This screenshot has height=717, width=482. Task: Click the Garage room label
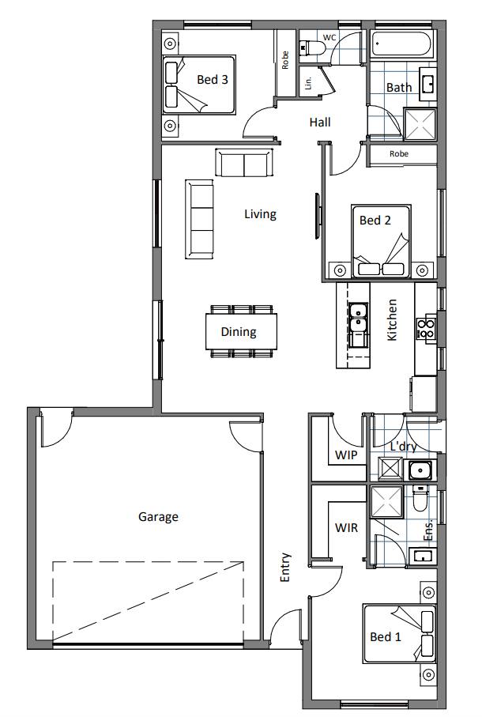tap(158, 517)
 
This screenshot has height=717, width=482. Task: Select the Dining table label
tap(238, 332)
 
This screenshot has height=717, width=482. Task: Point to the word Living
tap(260, 213)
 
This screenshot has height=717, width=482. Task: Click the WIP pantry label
tap(346, 456)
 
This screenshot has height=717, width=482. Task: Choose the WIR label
tap(346, 527)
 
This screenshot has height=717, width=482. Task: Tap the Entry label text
tap(286, 568)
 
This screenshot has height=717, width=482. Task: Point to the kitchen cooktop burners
tap(427, 328)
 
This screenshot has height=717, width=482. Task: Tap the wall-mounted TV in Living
tap(318, 216)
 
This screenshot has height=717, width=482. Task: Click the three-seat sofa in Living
tap(199, 219)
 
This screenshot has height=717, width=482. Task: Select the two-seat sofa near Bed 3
tap(244, 164)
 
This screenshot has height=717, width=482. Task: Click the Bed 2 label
tap(375, 221)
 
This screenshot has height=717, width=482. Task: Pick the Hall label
tap(320, 123)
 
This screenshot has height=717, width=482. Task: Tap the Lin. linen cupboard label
tap(309, 81)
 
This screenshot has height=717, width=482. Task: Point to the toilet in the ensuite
tap(420, 500)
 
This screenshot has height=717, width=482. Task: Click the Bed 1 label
tap(386, 636)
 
